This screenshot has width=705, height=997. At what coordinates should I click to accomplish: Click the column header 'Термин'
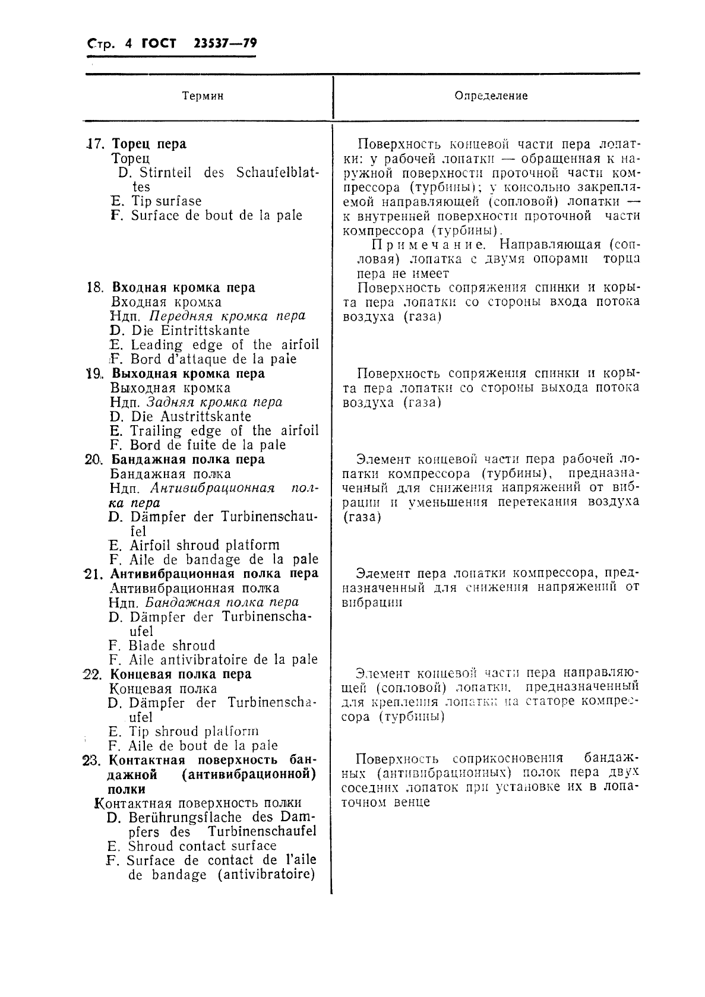coord(203,96)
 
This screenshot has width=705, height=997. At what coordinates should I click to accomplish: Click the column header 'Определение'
coord(491,96)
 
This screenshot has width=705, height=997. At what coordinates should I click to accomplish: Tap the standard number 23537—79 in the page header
coord(225,44)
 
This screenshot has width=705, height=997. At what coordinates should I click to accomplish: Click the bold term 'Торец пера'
coord(149,144)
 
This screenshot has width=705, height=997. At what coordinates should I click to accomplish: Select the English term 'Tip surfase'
coord(166,201)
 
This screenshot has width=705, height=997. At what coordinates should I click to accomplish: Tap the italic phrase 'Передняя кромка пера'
coord(226,316)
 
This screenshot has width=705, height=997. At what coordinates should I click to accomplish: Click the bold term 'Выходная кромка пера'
coord(188,374)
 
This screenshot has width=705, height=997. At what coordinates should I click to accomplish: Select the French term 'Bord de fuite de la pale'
coord(207,445)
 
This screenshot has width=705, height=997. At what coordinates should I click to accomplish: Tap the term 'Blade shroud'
coord(172,645)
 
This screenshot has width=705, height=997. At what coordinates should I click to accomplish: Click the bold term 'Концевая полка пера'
coord(181,674)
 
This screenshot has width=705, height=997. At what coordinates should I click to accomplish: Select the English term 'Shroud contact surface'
coord(202,846)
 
